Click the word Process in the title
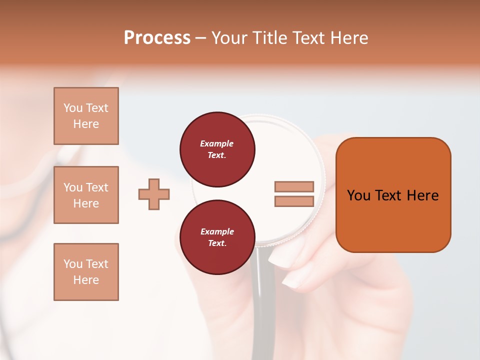157,38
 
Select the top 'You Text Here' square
86,116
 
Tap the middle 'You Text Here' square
86,195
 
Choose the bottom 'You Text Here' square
86,272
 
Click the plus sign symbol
154,194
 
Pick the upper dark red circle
217,149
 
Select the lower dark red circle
217,237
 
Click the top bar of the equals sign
294,186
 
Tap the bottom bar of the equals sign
294,201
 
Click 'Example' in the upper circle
217,143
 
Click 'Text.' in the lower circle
217,243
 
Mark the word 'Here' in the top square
86,124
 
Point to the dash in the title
201,38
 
